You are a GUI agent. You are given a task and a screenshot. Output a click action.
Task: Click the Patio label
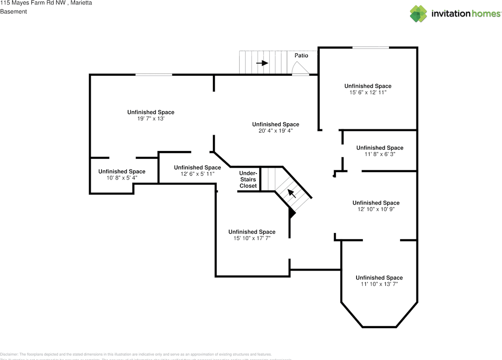(x=301, y=56)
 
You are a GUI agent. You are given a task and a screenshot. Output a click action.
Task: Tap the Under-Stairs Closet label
(x=248, y=179)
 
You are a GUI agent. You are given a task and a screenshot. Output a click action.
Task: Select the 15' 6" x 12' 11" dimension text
(x=368, y=93)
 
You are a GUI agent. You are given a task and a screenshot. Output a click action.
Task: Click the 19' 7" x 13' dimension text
(x=151, y=118)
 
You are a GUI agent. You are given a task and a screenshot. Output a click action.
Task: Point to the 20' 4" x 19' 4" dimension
(x=276, y=131)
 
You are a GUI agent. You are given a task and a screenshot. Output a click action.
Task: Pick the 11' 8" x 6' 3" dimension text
(x=380, y=154)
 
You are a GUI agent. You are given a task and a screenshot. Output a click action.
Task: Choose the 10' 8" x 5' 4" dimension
(x=122, y=178)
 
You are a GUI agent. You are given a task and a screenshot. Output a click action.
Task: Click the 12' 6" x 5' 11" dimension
(x=197, y=174)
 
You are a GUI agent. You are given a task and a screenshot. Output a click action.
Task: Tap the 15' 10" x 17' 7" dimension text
(x=252, y=238)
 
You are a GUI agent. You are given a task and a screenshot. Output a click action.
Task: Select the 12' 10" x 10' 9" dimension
(x=376, y=209)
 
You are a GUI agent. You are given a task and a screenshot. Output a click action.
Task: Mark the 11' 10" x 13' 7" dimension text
(x=379, y=284)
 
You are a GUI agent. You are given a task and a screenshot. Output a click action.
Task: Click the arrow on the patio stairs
(x=262, y=63)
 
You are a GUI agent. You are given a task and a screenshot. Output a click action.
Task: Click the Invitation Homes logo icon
(x=418, y=14)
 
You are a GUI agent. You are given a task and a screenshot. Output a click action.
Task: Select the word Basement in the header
(x=13, y=12)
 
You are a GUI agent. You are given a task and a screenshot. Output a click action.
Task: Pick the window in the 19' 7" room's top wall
(x=154, y=75)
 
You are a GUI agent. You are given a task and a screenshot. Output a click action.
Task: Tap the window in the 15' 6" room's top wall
(x=371, y=47)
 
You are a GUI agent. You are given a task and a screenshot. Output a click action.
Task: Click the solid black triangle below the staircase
(x=291, y=213)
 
